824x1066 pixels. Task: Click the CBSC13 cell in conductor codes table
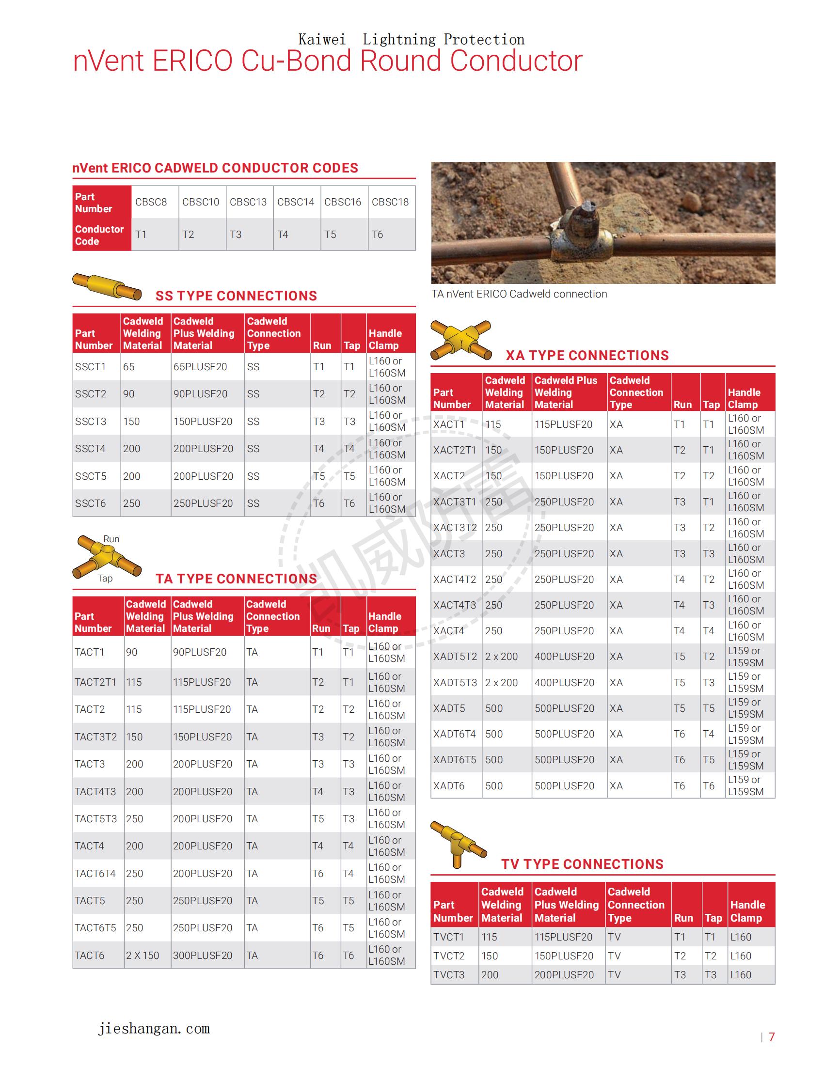(x=248, y=202)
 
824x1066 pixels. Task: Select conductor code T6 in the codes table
(x=377, y=235)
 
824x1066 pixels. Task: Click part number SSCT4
(x=90, y=449)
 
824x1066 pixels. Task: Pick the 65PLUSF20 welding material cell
(x=200, y=367)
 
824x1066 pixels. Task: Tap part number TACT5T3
(x=95, y=819)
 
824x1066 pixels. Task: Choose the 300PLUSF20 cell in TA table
(x=203, y=956)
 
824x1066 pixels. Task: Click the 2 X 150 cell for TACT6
(x=143, y=956)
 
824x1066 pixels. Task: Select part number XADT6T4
(x=455, y=734)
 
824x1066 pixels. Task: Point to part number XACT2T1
(x=455, y=450)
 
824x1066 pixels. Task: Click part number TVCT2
(x=449, y=956)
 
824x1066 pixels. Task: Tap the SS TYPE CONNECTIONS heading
(x=236, y=296)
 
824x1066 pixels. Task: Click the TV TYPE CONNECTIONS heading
(x=582, y=864)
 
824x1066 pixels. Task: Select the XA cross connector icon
(x=461, y=340)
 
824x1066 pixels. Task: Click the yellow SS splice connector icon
(x=107, y=287)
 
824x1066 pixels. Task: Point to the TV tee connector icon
(x=458, y=844)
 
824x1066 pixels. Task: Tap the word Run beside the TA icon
(x=111, y=539)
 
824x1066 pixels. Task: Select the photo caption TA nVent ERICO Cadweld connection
(x=519, y=294)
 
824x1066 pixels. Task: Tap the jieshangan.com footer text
(x=154, y=1029)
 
